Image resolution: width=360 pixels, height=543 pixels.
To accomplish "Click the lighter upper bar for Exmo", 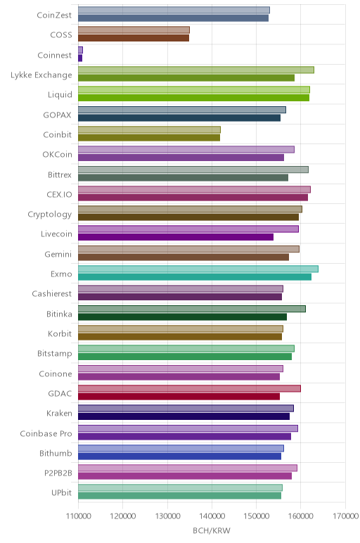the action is (198, 269).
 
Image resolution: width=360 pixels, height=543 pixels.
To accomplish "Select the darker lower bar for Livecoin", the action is (176, 237).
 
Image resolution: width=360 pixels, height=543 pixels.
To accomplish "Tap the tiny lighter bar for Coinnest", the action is (80, 50).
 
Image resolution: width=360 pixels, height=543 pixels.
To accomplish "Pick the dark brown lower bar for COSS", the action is (134, 38).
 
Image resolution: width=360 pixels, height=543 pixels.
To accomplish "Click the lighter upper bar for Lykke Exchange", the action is (196, 70).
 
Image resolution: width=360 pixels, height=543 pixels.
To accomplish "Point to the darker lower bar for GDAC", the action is (179, 397).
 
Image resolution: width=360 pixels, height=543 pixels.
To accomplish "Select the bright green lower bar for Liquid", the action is (193, 98).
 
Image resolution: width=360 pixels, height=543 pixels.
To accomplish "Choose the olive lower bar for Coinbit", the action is (149, 137).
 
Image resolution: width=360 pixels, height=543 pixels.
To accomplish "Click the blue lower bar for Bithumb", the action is (180, 456).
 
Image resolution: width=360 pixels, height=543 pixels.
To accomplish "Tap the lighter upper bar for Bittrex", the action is (193, 170).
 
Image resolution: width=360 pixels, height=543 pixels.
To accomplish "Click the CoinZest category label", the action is (54, 15).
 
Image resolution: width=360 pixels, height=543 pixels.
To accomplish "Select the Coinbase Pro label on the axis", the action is (46, 433).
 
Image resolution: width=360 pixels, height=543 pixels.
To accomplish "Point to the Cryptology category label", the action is (50, 215).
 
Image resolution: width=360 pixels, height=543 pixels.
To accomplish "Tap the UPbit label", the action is (62, 493).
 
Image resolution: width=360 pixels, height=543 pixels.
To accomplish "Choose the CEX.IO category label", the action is (59, 195).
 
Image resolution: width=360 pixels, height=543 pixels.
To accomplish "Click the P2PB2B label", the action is (58, 473).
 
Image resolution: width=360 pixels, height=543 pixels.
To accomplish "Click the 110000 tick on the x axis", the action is (78, 516).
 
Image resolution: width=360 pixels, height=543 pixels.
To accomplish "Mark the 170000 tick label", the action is (345, 516).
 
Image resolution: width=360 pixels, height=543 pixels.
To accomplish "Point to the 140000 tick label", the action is (212, 516).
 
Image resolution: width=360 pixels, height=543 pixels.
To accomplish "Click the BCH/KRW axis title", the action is (212, 530).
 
